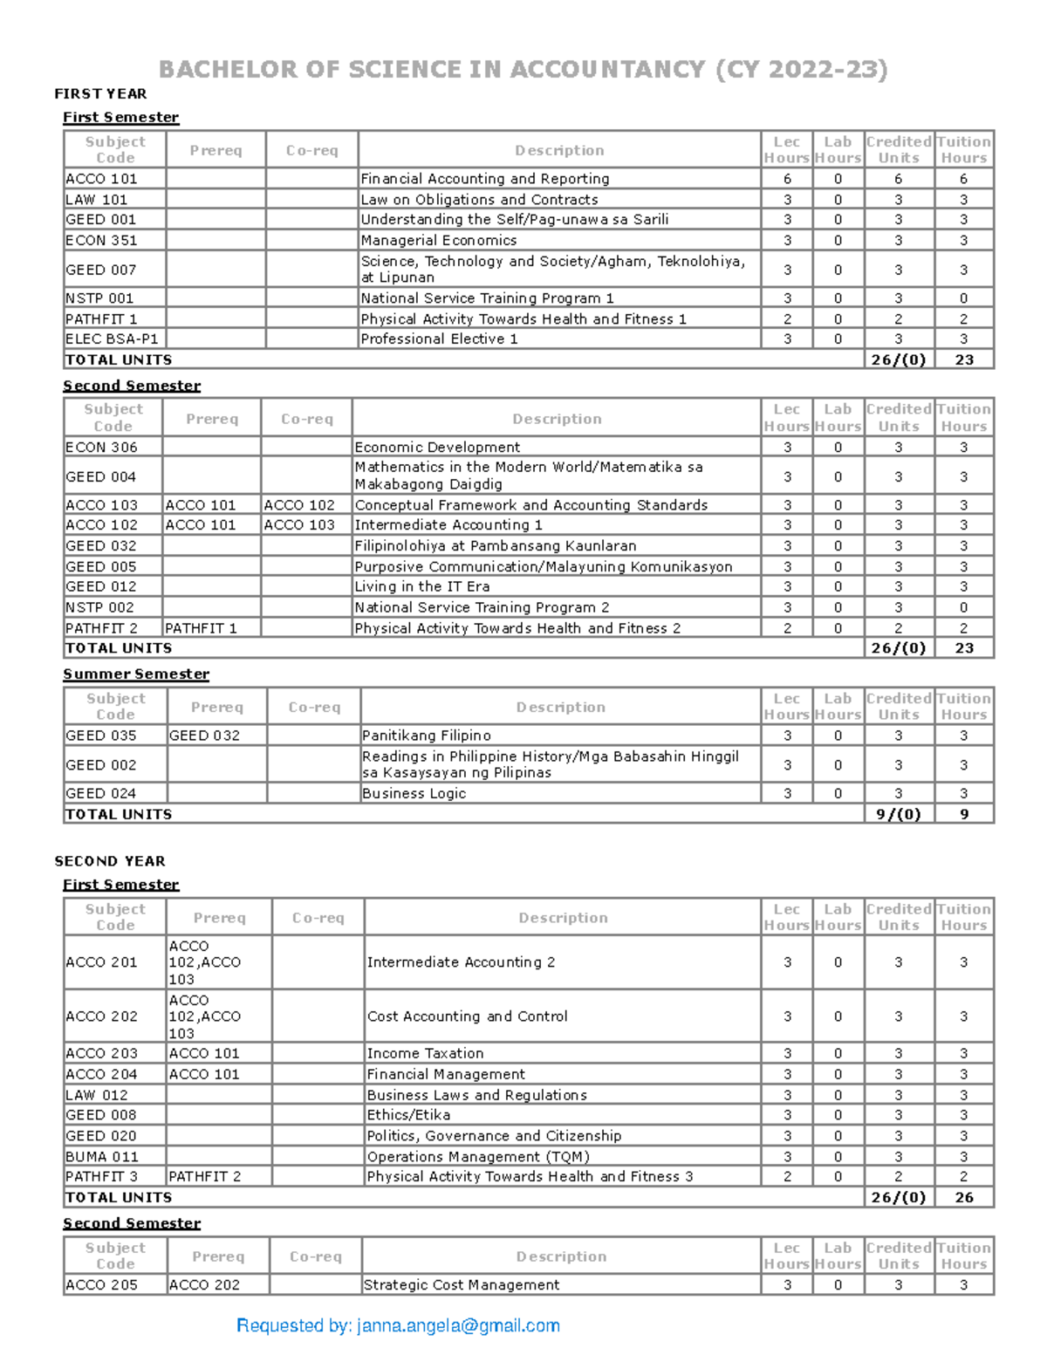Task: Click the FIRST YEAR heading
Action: click(100, 93)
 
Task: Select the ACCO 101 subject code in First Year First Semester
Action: click(101, 179)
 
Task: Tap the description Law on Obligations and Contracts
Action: click(479, 200)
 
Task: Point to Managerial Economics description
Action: click(438, 241)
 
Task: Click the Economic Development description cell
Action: click(437, 447)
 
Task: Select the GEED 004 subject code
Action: click(100, 476)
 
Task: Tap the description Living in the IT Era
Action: click(421, 586)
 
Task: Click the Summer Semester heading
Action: click(135, 674)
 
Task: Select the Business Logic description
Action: click(414, 793)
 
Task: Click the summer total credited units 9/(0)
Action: click(898, 814)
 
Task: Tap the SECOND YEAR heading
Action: click(109, 861)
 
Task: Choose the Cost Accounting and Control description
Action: click(467, 1016)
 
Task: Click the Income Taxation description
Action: click(425, 1053)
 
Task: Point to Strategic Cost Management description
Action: click(461, 1284)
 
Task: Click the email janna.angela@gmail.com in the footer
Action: click(458, 1326)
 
